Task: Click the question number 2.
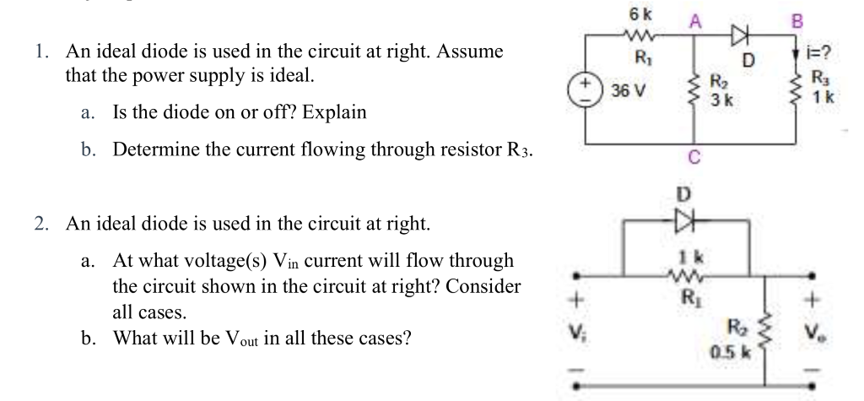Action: (x=41, y=224)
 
